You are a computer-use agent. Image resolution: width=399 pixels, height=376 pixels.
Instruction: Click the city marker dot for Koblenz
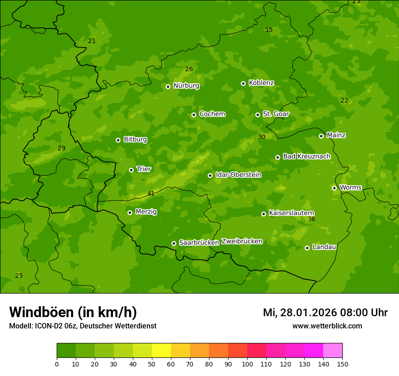point(243,83)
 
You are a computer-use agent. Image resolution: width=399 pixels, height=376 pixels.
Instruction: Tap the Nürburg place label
point(186,86)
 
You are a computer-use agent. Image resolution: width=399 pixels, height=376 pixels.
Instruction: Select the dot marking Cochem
point(194,115)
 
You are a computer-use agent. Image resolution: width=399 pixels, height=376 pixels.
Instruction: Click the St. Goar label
point(276,114)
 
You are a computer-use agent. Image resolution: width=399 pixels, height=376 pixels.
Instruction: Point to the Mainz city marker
point(321,136)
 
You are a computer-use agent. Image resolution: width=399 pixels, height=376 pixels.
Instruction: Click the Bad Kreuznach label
point(307,157)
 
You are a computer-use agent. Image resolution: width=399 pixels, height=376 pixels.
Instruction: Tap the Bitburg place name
point(135,140)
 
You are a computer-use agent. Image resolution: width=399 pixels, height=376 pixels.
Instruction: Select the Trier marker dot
point(131,170)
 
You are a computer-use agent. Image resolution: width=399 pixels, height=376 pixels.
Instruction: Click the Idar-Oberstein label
point(238,175)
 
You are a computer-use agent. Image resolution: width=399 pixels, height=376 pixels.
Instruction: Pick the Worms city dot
point(334,188)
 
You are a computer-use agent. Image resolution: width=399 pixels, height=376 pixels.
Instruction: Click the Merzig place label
point(146,212)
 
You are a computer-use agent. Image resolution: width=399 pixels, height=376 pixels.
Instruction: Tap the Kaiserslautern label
point(292,213)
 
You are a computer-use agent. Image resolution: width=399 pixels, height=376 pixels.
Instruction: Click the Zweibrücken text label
point(242,241)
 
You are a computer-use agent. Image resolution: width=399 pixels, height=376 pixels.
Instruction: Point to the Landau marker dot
point(307,248)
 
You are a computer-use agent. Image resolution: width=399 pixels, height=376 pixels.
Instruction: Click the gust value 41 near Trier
point(151,193)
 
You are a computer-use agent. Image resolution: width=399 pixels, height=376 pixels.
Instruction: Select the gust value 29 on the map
point(62,148)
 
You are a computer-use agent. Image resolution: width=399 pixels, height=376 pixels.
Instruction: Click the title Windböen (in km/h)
point(73,312)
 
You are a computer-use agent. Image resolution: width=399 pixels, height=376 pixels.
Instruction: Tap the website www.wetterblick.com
point(327,326)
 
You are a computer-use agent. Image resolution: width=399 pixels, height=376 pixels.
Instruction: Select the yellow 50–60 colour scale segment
point(161,351)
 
